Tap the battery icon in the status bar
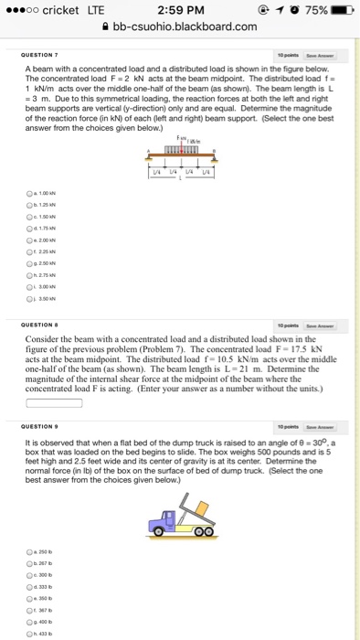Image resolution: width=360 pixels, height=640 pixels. click(343, 10)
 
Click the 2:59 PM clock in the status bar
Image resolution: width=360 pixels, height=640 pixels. click(179, 10)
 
